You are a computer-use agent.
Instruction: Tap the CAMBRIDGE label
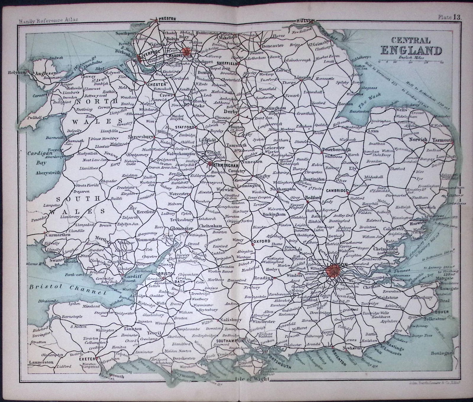(x=336, y=191)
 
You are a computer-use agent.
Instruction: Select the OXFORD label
(x=262, y=241)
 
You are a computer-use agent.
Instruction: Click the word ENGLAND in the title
(x=411, y=51)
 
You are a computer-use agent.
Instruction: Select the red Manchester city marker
(x=187, y=51)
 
